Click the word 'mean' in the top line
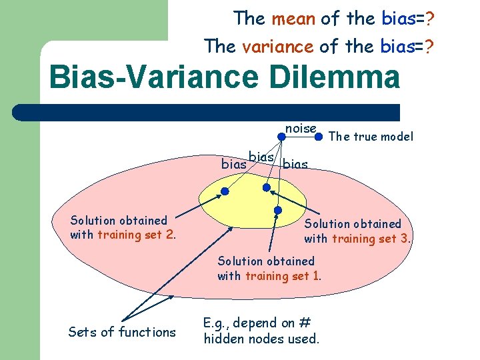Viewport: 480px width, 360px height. coord(293,19)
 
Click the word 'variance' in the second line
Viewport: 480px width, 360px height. coord(278,46)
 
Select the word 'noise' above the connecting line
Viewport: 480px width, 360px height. coord(301,128)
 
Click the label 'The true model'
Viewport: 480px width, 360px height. coord(371,137)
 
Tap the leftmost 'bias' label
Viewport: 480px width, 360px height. coord(233,163)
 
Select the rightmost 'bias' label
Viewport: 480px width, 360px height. coord(295,164)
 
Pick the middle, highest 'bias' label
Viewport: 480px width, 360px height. coord(262,157)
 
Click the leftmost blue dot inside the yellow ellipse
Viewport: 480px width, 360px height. coord(225,191)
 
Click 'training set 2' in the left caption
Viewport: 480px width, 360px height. coord(137,235)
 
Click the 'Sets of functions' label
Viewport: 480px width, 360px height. coord(122,332)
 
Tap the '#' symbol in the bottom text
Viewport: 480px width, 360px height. coord(305,323)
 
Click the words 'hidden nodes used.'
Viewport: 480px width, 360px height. coord(261,339)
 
